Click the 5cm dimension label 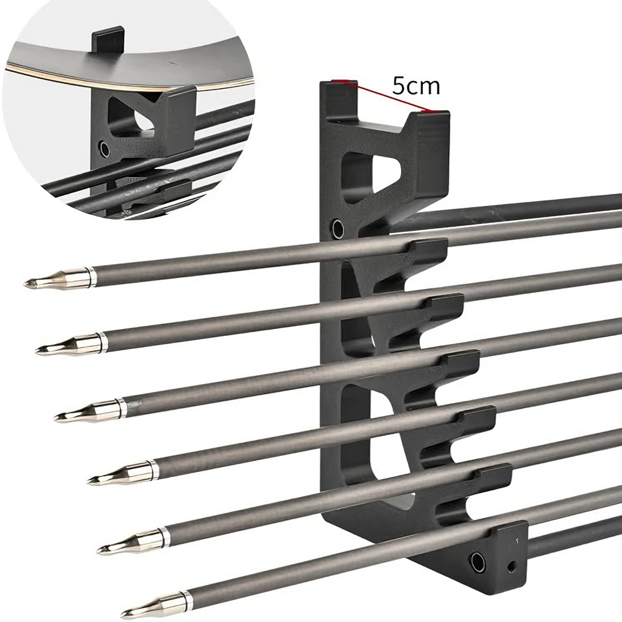click(x=415, y=85)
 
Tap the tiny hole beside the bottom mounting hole click(x=511, y=566)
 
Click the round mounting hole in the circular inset click(x=104, y=149)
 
